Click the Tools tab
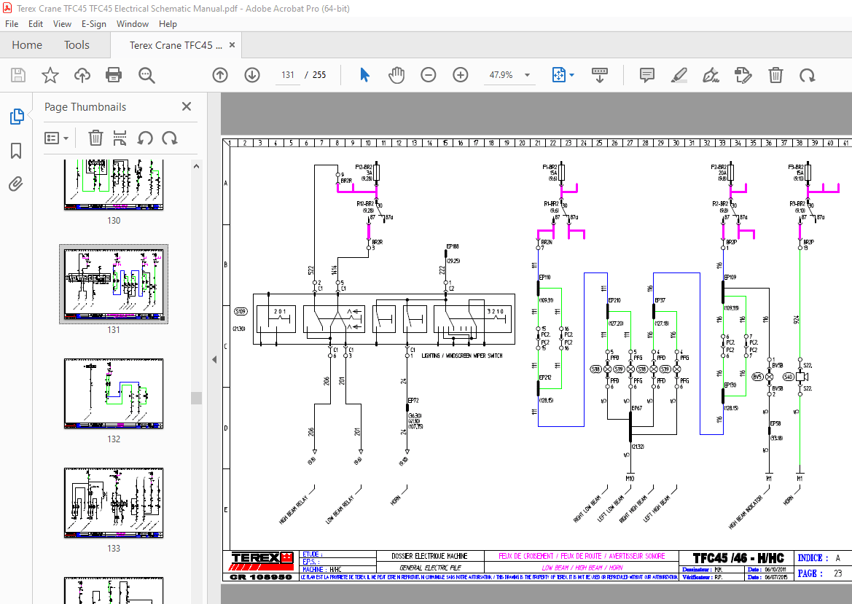tap(77, 45)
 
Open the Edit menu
tap(36, 23)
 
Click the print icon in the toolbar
tap(114, 75)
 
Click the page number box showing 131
tap(288, 75)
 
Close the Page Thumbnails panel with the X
tap(187, 106)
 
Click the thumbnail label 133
tap(114, 549)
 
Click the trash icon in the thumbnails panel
tap(95, 138)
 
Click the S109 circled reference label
tap(240, 312)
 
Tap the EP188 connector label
tap(453, 246)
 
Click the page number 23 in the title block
tap(837, 573)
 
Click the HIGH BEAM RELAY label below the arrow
tap(294, 509)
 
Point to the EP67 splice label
tap(636, 408)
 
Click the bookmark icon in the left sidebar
tap(16, 151)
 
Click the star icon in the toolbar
tap(50, 75)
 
